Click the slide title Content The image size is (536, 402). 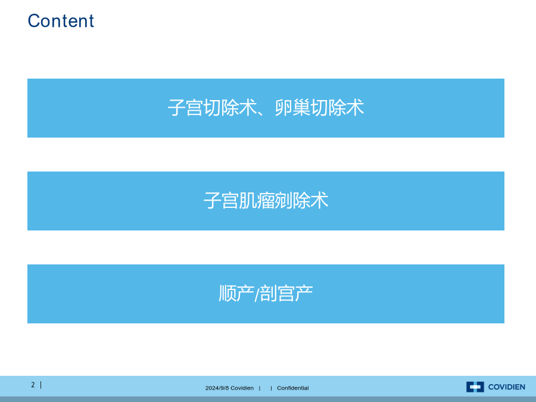pos(61,21)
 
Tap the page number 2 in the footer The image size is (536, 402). pos(33,385)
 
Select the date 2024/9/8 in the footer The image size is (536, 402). pos(217,388)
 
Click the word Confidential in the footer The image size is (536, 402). pos(292,388)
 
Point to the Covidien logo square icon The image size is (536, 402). pos(475,387)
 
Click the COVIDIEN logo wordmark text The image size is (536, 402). pos(507,387)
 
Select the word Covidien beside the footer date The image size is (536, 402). pos(242,388)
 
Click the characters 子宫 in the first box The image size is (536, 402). pos(185,108)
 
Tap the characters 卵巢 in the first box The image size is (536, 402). pos(292,108)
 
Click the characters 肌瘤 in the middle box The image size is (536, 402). pos(257,201)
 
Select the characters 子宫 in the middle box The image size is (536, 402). pos(221,201)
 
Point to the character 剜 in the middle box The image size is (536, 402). pos(283,201)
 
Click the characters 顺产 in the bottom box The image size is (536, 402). pos(236,294)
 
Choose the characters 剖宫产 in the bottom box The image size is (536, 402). pos(286,294)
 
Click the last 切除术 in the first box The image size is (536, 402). pos(337,108)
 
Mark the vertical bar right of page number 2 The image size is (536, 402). pos(41,385)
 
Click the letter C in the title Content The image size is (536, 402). pos(34,21)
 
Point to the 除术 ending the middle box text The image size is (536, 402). pos(310,201)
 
